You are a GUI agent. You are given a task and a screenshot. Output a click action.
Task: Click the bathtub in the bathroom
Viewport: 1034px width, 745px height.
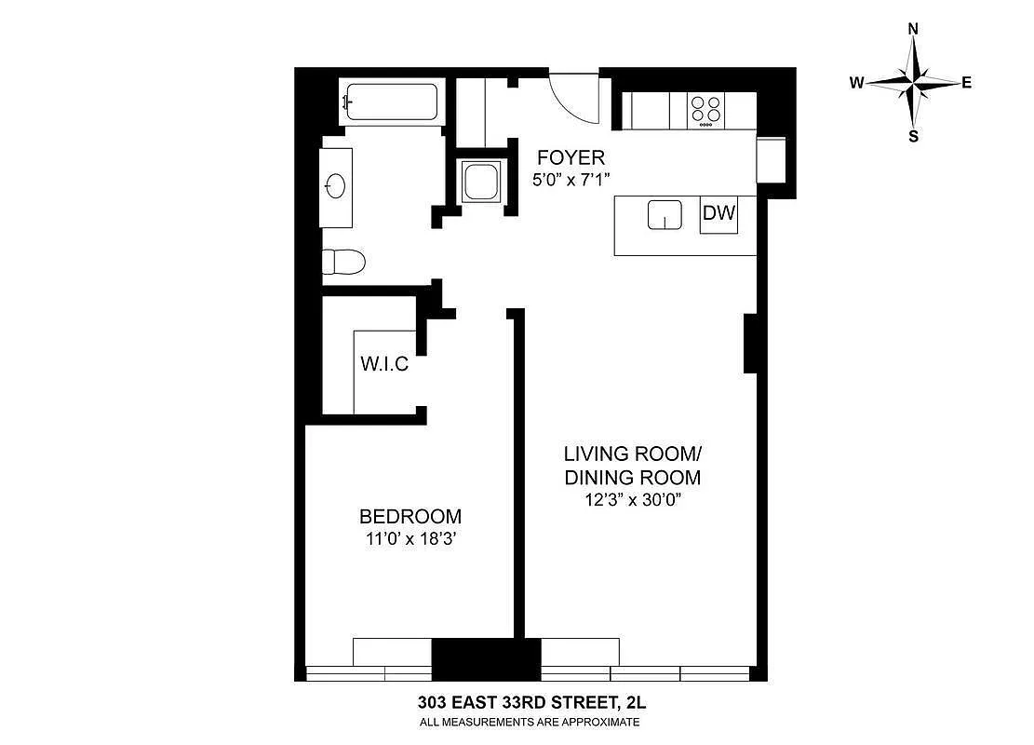click(391, 102)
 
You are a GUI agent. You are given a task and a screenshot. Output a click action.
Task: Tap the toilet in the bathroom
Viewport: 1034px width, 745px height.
click(343, 262)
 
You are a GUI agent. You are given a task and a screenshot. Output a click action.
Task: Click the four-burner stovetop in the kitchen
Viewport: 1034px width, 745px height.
click(705, 110)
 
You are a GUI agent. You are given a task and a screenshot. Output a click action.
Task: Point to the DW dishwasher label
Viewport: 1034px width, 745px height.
click(718, 212)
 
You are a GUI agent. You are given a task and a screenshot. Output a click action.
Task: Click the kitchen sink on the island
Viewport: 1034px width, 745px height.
click(665, 214)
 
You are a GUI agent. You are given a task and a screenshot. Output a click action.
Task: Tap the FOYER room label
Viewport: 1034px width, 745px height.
click(571, 157)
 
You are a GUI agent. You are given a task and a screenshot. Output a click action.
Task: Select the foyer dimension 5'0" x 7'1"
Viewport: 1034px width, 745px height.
click(571, 179)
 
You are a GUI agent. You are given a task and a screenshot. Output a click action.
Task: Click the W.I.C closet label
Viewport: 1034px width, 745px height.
click(384, 363)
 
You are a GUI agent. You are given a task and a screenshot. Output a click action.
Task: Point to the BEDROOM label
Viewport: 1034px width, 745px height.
click(410, 516)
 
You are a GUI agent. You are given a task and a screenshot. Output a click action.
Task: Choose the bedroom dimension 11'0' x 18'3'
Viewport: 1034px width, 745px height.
click(411, 539)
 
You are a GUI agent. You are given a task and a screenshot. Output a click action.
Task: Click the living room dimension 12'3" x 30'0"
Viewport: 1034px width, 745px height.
click(632, 499)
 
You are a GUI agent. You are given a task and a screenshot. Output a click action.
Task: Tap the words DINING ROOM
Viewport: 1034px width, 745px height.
click(632, 477)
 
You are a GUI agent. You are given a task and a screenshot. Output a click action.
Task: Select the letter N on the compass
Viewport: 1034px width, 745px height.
click(913, 28)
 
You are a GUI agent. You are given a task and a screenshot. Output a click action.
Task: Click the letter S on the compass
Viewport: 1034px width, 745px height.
click(913, 137)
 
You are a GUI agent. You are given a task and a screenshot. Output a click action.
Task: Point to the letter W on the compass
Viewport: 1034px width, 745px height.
click(856, 83)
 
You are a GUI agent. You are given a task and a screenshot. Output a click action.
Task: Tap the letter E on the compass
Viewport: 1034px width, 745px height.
click(967, 83)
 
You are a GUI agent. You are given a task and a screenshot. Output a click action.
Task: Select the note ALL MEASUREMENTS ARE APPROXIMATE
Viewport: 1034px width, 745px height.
click(530, 722)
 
